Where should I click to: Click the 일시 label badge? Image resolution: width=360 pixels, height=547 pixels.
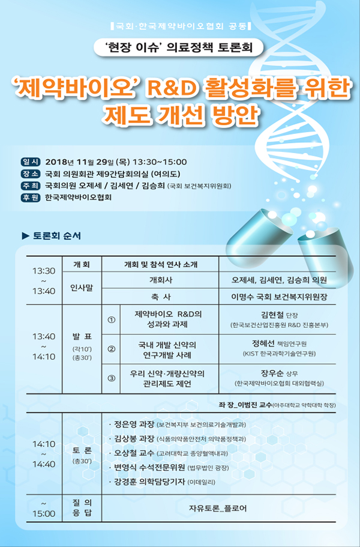point(31,162)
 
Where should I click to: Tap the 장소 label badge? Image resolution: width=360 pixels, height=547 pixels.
point(31,174)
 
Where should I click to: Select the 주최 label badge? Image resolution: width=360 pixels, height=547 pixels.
point(31,186)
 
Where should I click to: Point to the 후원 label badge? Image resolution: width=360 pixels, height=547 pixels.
point(31,198)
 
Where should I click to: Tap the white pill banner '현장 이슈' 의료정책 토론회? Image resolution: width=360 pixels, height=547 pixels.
point(178,47)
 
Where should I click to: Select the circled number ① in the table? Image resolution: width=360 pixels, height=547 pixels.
point(111,319)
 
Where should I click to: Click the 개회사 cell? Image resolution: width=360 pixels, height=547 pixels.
point(161,280)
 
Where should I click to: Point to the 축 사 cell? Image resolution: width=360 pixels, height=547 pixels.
point(161,297)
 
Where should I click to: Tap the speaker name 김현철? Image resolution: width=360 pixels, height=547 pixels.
point(272,314)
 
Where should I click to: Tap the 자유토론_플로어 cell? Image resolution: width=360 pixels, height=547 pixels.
point(218,509)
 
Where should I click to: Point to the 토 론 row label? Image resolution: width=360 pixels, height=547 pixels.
point(82,451)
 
